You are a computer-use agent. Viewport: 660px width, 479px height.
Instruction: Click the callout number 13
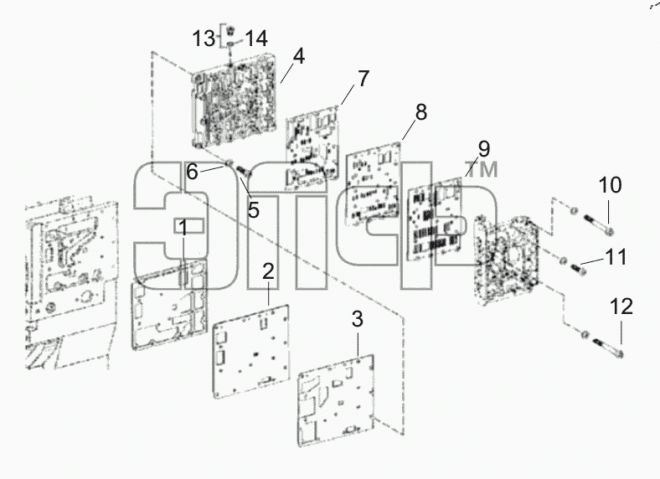204,39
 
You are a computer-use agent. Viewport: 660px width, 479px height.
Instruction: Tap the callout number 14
256,39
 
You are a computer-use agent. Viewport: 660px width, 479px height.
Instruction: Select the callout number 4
299,56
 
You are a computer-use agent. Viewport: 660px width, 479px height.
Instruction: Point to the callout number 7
364,78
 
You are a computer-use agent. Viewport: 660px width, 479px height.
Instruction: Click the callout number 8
421,112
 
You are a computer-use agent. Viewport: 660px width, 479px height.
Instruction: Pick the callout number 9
484,148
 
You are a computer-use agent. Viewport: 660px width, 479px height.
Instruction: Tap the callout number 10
610,185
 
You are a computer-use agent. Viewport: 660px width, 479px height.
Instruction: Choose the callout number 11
616,256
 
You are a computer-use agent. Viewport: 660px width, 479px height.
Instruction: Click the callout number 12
621,306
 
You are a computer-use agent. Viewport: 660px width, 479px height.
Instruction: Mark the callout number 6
192,172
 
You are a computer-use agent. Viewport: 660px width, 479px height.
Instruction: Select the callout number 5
254,209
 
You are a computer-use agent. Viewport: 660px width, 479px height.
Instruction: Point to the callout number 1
183,228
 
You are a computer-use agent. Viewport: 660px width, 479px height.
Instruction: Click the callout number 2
268,271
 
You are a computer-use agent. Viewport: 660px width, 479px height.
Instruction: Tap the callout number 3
357,319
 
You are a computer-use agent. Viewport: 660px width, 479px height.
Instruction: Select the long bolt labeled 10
598,224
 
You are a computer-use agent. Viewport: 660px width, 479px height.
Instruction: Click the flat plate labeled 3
336,400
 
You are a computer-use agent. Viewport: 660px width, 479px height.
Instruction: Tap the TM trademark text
482,170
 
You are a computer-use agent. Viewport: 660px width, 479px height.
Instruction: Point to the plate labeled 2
251,351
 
